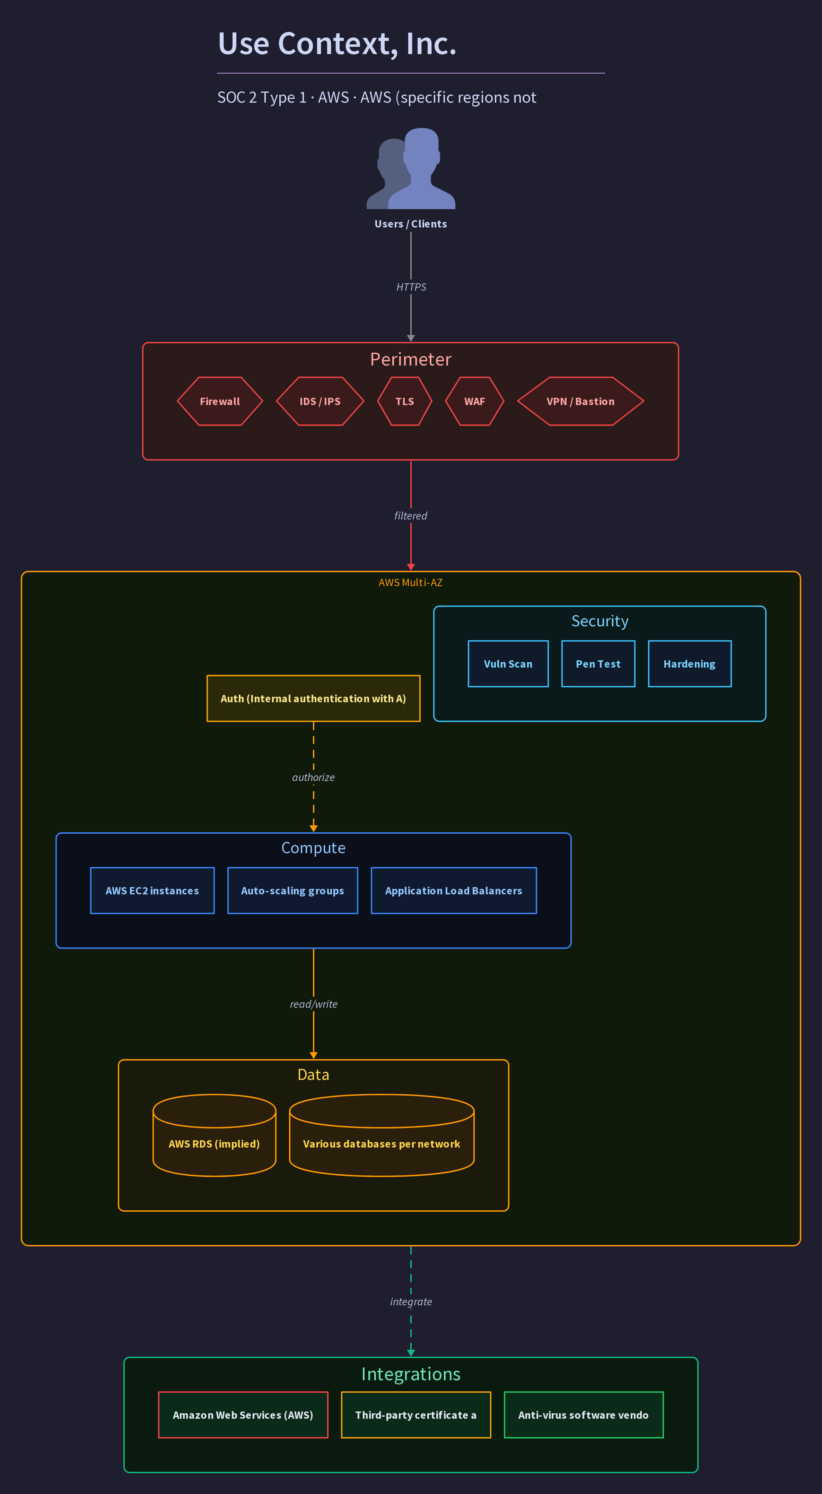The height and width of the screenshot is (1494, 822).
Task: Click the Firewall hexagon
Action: click(x=220, y=401)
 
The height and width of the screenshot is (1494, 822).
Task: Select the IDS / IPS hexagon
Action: click(x=320, y=401)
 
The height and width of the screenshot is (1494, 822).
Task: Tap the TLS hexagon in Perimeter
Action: click(x=405, y=401)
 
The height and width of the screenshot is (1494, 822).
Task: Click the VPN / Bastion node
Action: click(x=580, y=401)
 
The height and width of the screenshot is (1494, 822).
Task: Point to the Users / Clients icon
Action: click(x=411, y=168)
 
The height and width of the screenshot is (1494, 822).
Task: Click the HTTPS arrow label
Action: click(x=411, y=287)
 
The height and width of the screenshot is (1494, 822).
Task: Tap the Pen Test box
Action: click(x=598, y=664)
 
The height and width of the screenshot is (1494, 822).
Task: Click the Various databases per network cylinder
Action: click(x=382, y=1135)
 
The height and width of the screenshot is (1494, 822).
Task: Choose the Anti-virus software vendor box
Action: click(x=584, y=1415)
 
